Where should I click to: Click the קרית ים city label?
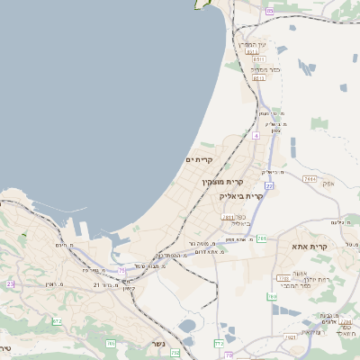pos(199,159)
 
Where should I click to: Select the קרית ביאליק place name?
pos(242,194)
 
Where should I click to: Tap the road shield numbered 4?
pos(256,135)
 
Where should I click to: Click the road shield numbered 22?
pos(268,185)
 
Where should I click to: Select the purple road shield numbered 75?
pos(122,269)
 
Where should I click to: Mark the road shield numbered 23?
pos(10,283)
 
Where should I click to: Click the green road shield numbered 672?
pos(57,320)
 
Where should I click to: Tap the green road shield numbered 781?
pos(261,238)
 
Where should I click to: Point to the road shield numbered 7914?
pos(310,180)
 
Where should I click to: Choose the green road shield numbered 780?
pos(272,296)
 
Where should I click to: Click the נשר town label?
pos(159,344)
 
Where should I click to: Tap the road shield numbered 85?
pos(271,11)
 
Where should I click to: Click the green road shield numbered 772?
pos(219,343)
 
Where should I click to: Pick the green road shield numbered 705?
pos(111,343)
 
